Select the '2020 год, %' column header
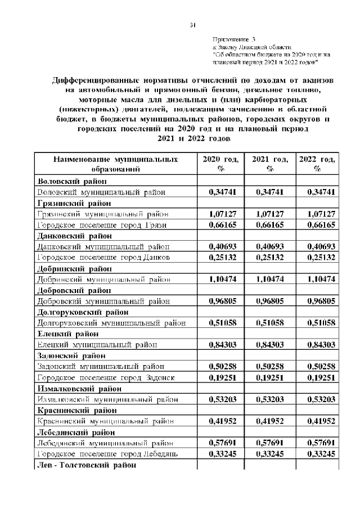(220, 164)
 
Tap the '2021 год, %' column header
(270, 164)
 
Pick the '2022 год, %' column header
(318, 164)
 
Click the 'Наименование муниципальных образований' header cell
(115, 164)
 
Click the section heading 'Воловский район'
(69, 181)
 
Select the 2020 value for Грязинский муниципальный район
(220, 214)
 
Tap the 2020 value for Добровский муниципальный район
(220, 301)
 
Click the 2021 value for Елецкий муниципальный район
(270, 344)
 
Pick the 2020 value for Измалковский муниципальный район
(220, 399)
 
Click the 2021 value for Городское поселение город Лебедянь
(270, 453)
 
